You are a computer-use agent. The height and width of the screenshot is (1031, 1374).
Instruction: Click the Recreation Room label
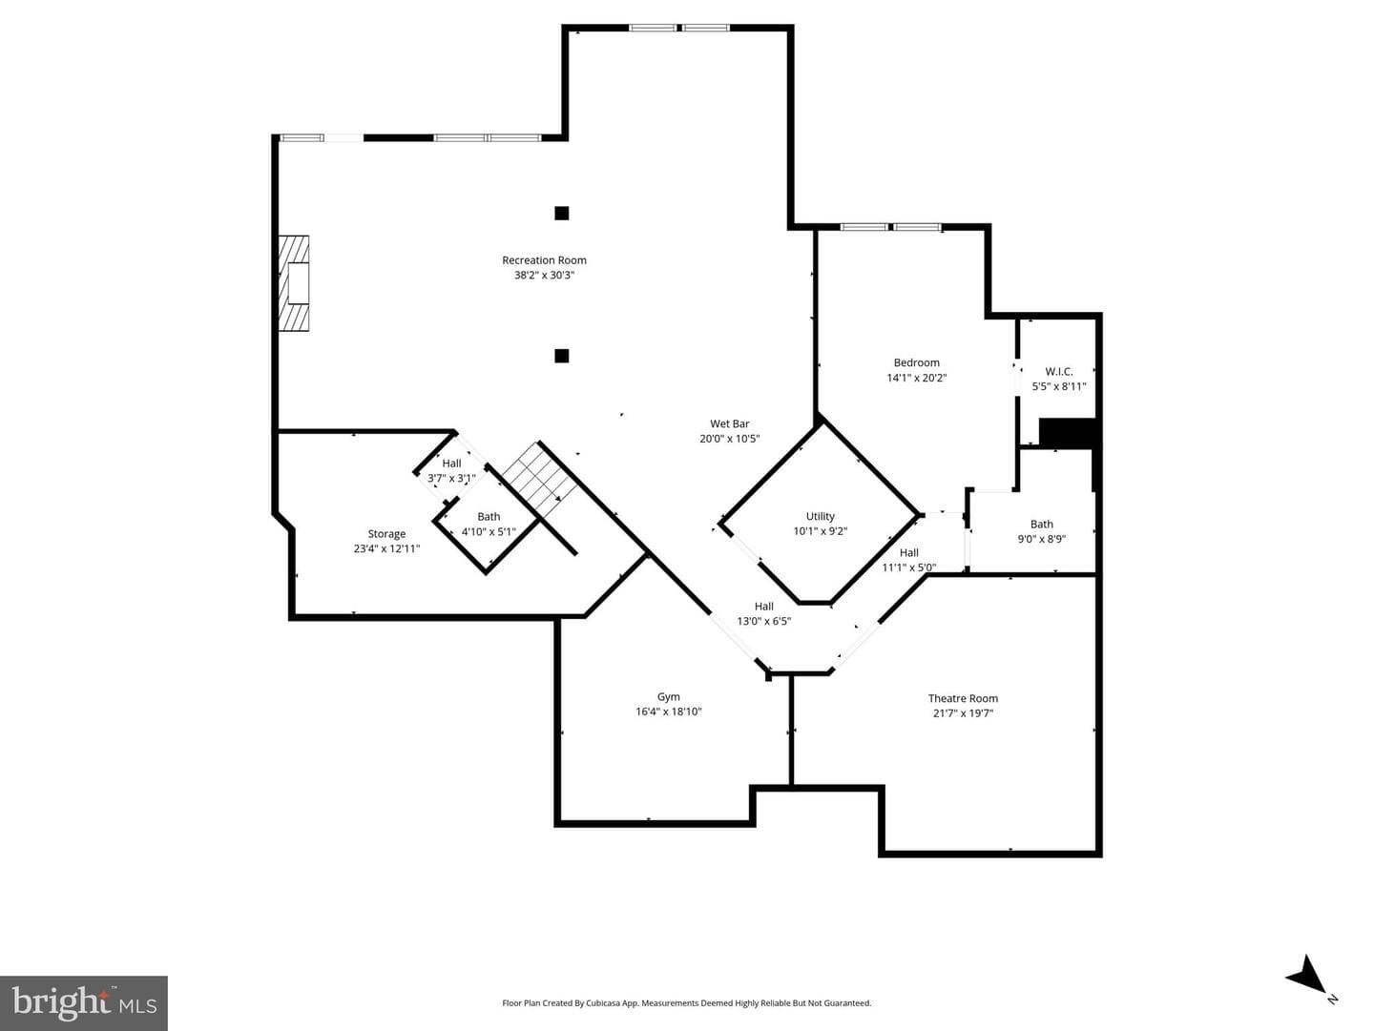pos(544,260)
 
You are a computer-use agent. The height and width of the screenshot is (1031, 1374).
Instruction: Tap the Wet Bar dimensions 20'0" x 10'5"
pos(729,439)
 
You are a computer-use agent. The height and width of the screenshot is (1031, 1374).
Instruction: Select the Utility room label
pos(820,516)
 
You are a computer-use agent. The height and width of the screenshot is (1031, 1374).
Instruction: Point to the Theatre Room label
pos(963,698)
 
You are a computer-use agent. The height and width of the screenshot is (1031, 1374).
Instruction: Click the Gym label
pos(669,696)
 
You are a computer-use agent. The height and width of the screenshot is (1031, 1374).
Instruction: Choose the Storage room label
pos(386,534)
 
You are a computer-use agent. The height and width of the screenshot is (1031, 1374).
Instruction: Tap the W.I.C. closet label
pos(1059,372)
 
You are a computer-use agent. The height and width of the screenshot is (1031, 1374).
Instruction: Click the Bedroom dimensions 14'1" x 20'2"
pos(916,378)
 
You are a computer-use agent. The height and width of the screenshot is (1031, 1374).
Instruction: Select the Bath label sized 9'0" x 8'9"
pos(1042,525)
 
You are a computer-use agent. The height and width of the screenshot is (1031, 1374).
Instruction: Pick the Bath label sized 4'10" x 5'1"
pos(489,517)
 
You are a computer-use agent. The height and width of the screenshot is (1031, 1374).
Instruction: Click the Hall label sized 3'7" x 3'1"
pos(451,464)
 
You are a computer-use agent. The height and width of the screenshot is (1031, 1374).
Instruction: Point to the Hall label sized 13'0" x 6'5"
pos(763,607)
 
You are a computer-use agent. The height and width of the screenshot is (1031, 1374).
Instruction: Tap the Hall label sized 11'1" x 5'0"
pos(909,552)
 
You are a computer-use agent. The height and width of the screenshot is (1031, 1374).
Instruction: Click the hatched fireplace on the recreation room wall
pos(294,283)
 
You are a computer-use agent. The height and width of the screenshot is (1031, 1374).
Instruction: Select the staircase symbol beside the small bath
pos(539,474)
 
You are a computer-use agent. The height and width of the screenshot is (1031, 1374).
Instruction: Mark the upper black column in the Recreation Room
pos(561,214)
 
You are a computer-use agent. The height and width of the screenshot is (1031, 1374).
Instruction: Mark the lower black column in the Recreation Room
pos(561,356)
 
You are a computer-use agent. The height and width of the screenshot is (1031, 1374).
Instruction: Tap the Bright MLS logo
pos(84,1003)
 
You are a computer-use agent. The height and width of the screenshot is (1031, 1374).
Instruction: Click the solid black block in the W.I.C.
pos(1068,433)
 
